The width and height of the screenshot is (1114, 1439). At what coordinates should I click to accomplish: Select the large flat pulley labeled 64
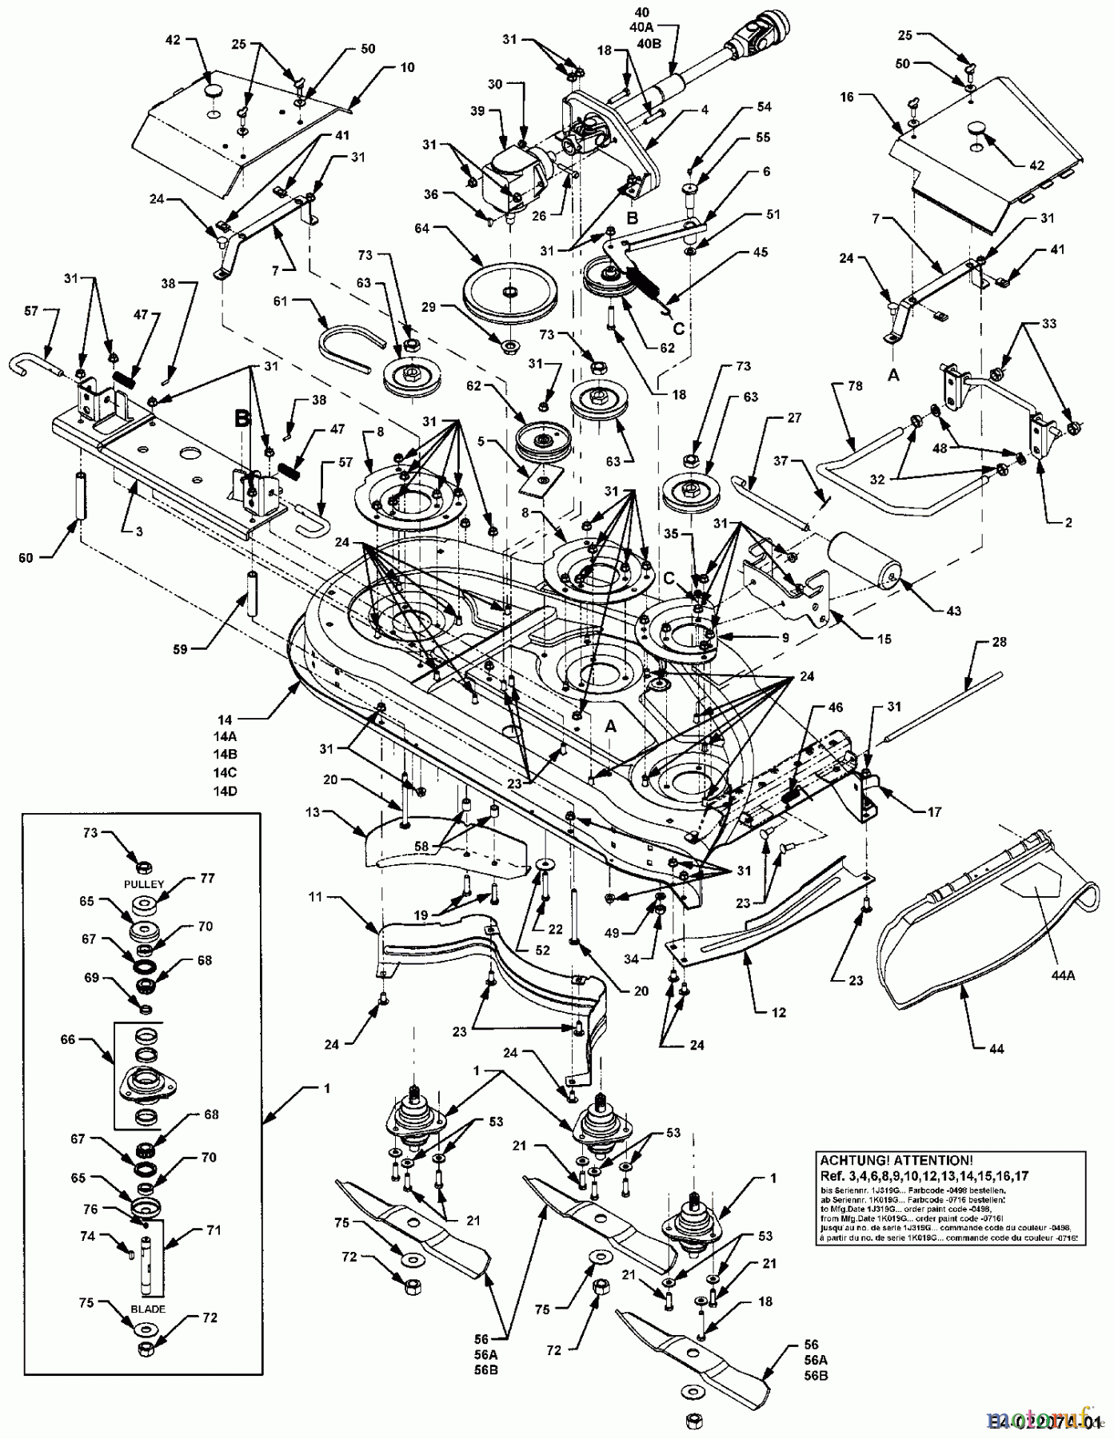click(507, 295)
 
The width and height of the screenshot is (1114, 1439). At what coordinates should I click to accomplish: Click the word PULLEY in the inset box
click(145, 885)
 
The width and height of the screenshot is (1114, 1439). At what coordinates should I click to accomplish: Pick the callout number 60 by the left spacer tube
click(26, 558)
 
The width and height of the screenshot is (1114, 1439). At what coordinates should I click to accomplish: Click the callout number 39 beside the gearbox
click(477, 111)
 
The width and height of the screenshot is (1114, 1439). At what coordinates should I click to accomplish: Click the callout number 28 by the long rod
click(1000, 642)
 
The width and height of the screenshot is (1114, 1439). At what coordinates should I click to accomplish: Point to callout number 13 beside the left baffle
click(313, 812)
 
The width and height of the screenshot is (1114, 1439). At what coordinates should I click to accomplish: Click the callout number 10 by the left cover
click(407, 67)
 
